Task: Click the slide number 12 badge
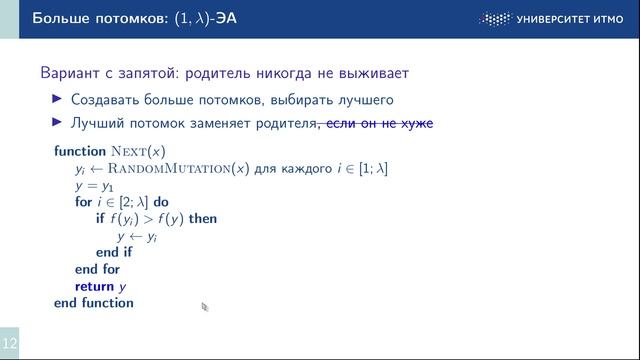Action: coord(9,343)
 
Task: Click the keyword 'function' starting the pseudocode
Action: coord(79,151)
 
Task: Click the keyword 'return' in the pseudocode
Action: coord(94,286)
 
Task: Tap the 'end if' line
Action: coord(113,252)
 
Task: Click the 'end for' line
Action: coord(97,269)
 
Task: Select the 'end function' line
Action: coord(93,303)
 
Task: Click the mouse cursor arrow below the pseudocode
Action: coord(204,307)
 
